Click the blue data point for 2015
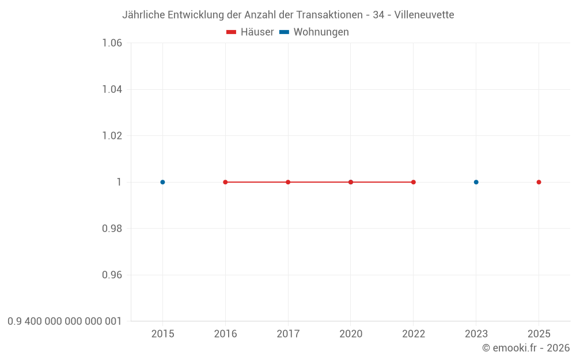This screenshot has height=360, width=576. (x=162, y=182)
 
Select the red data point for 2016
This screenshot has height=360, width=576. (x=225, y=182)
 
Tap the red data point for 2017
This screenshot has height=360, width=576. (x=288, y=182)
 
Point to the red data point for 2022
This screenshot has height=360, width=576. (x=414, y=182)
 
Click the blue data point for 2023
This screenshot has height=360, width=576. (x=476, y=182)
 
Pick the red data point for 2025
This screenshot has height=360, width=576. (x=539, y=182)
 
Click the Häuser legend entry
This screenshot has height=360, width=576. (x=251, y=32)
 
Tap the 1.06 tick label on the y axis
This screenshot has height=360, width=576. (x=112, y=43)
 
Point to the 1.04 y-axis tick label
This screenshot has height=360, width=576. (x=112, y=89)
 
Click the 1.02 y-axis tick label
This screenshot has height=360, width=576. (x=112, y=136)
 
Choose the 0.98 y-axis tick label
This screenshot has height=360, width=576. (x=112, y=229)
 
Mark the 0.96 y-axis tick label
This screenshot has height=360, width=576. (x=112, y=275)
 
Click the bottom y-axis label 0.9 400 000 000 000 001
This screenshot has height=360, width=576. (x=65, y=321)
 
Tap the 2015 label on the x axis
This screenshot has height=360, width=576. (x=162, y=334)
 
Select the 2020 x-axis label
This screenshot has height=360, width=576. (x=351, y=334)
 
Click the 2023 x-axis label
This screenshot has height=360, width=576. (x=476, y=334)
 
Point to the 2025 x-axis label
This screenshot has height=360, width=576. (x=539, y=334)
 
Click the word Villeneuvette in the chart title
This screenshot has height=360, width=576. (x=424, y=15)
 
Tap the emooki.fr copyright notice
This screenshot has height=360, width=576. (x=526, y=348)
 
